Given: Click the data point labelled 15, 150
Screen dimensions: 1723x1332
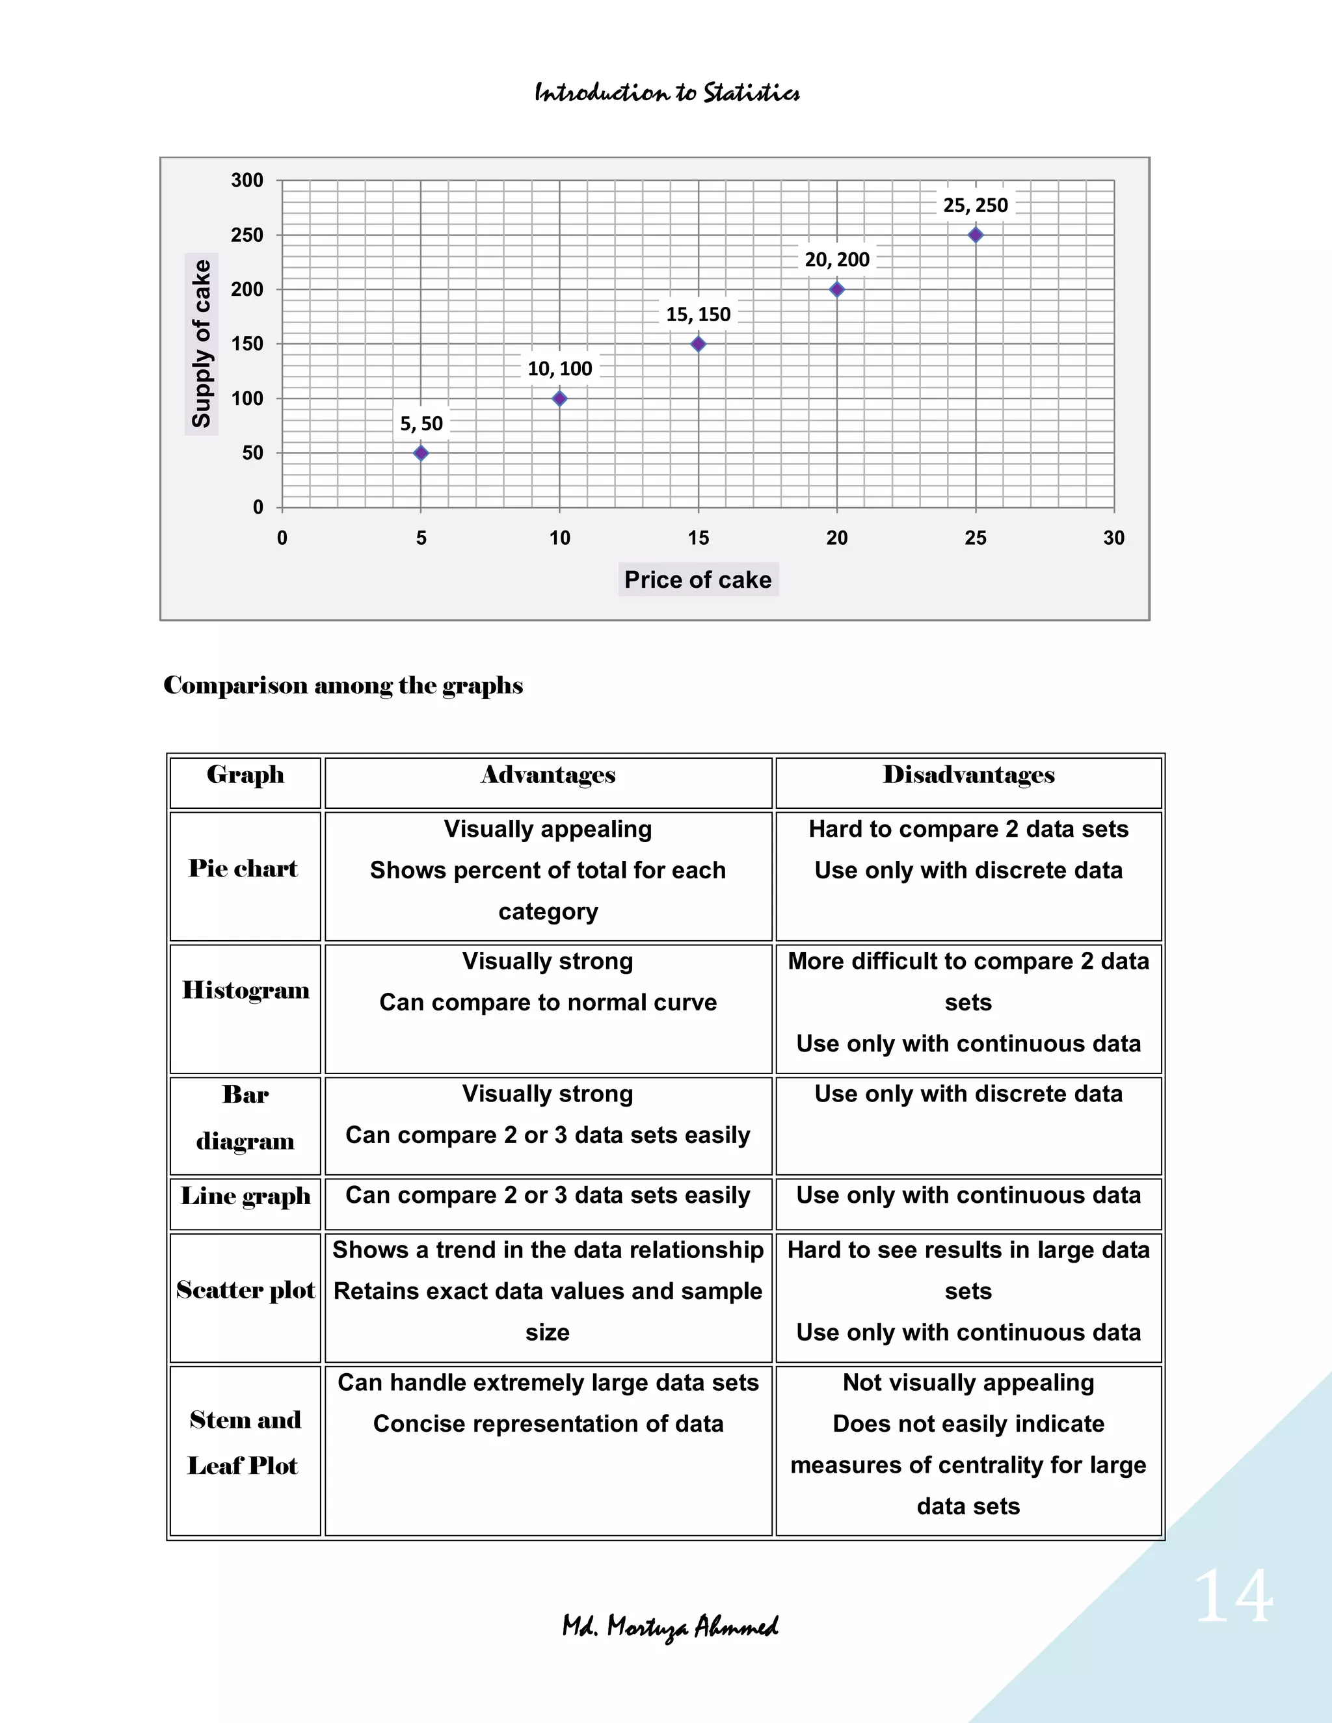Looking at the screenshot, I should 699,344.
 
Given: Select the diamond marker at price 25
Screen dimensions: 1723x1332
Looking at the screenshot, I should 976,235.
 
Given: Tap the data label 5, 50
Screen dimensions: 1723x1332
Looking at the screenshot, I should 421,424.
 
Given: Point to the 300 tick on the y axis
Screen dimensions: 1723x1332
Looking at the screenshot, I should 247,181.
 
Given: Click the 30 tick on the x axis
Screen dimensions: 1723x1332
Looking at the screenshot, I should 1113,538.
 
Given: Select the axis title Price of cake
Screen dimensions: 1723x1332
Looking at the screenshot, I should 698,580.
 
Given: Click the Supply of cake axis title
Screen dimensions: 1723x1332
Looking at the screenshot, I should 201,344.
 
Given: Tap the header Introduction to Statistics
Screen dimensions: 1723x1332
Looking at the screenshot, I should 667,93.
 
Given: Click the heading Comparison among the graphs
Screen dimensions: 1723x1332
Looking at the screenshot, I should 343,685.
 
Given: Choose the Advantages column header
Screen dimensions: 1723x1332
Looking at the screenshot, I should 548,776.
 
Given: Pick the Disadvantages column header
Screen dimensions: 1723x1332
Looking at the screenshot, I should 968,776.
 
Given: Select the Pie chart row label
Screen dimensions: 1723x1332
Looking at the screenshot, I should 243,869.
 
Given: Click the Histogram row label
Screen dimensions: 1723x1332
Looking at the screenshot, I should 245,990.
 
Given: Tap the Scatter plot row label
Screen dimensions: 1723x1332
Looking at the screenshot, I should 245,1290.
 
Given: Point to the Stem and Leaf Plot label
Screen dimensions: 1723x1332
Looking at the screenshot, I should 245,1443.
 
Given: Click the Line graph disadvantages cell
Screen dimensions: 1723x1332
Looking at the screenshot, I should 968,1195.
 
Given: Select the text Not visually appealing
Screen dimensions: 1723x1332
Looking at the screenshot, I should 968,1383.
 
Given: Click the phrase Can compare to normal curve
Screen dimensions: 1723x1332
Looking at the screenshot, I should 548,1003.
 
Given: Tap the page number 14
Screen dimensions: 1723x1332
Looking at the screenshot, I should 1232,1598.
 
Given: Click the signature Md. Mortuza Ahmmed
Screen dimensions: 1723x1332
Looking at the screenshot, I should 670,1627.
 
